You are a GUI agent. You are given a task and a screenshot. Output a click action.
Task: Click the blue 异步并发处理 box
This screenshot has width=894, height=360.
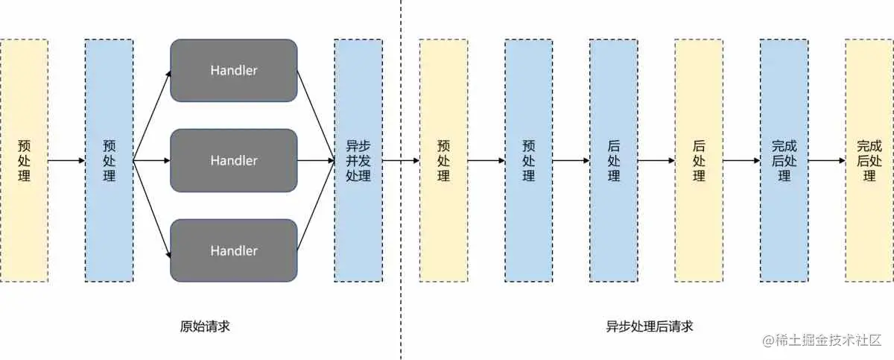click(358, 160)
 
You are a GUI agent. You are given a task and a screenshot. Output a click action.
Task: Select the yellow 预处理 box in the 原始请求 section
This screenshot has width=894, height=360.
click(24, 160)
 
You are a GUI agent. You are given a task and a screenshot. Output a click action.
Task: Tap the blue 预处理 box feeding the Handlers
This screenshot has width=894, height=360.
click(109, 160)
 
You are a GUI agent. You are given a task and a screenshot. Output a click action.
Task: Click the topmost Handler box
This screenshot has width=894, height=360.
click(234, 71)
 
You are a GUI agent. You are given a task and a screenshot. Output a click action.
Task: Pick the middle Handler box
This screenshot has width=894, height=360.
click(234, 160)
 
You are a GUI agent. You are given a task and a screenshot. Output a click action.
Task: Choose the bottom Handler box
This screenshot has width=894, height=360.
click(234, 250)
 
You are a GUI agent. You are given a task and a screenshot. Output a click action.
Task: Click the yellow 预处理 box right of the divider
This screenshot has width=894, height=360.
click(443, 160)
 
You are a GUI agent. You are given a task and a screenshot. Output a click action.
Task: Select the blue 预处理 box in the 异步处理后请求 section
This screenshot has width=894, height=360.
click(528, 160)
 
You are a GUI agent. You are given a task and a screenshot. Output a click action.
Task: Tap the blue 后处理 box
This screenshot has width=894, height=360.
click(613, 160)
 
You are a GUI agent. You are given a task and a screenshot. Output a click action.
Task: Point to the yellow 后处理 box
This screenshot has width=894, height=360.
click(699, 160)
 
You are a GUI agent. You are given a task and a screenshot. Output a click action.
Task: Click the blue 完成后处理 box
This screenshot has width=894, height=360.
click(784, 160)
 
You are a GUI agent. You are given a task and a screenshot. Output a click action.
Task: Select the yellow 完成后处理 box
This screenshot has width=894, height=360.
click(869, 160)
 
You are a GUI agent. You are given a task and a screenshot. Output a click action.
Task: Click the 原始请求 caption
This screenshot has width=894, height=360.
click(200, 326)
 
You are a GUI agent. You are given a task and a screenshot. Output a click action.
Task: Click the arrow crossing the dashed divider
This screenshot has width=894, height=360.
click(401, 160)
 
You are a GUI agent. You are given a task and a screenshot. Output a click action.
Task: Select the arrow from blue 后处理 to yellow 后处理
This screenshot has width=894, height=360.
click(656, 160)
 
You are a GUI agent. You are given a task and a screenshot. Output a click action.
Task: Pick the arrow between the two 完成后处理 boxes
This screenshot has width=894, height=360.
click(826, 160)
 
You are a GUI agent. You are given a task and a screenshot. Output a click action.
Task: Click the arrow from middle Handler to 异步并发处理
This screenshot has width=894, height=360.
click(316, 160)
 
